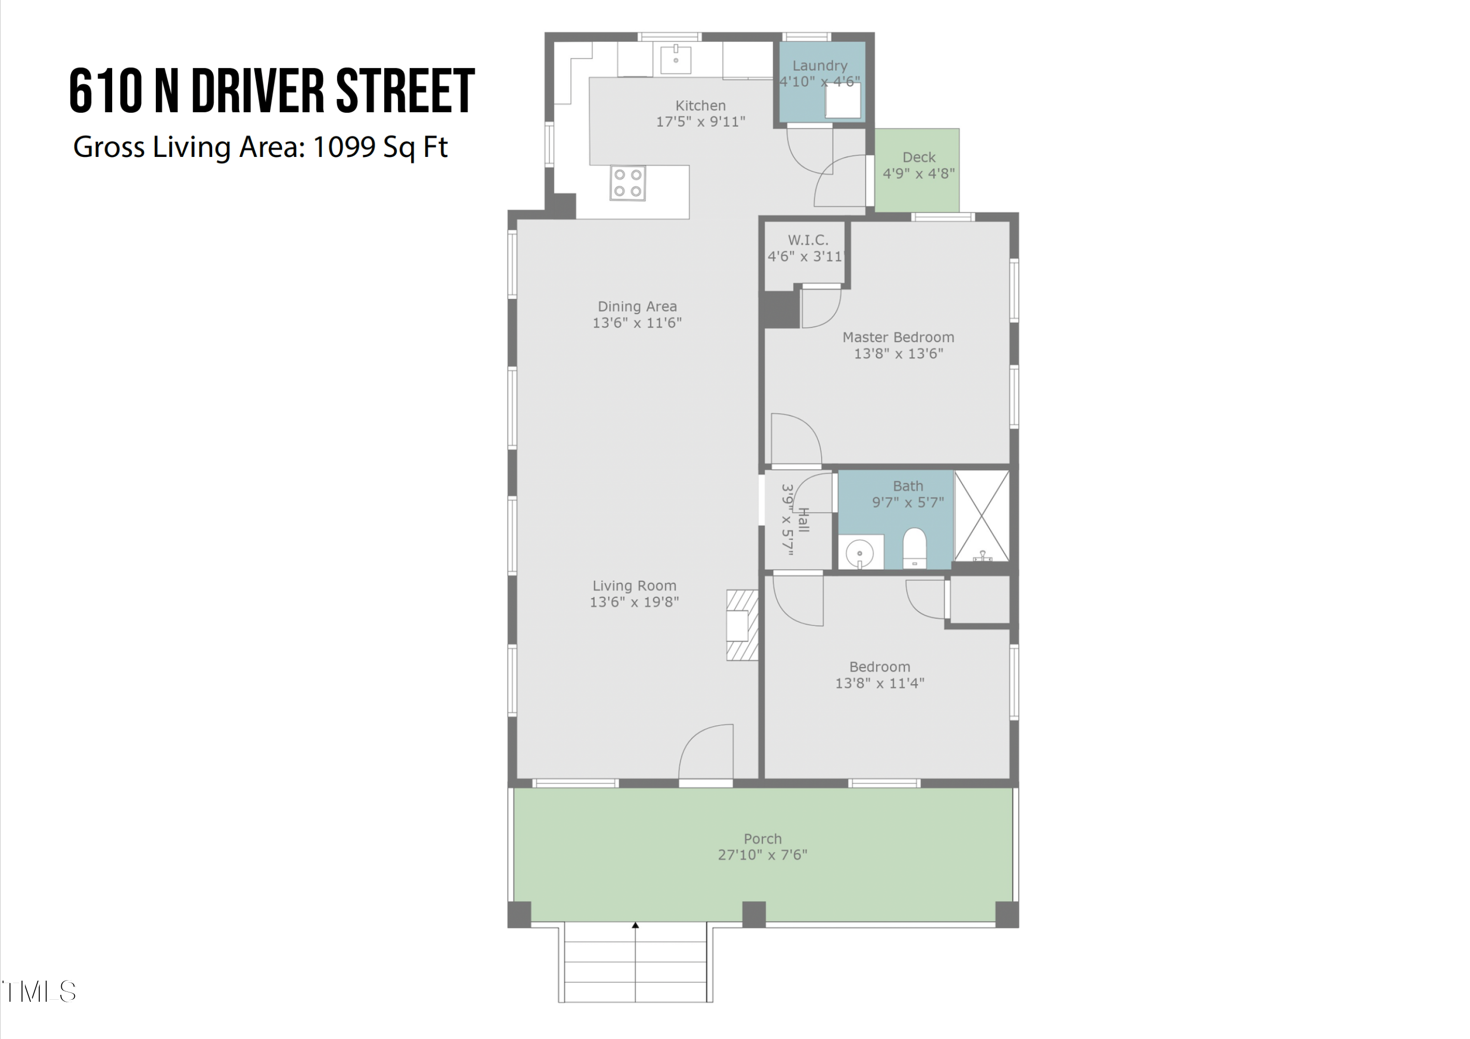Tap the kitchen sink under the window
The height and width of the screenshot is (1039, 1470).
click(675, 59)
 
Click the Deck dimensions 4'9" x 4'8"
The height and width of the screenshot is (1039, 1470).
click(918, 173)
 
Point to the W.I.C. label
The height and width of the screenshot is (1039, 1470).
click(808, 240)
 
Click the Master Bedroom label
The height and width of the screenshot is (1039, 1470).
click(898, 337)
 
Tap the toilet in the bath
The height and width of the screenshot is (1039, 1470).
click(914, 548)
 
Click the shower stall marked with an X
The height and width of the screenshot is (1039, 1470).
click(981, 516)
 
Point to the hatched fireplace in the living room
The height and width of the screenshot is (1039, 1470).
click(741, 625)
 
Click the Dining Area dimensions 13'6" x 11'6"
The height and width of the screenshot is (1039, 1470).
click(637, 323)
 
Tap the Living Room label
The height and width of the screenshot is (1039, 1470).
click(634, 585)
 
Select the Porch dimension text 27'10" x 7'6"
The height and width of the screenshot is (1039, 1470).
click(762, 855)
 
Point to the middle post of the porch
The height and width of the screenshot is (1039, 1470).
click(754, 913)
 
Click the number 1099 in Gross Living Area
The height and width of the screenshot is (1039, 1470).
click(344, 147)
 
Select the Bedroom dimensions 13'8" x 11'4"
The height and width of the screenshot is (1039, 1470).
click(879, 683)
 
